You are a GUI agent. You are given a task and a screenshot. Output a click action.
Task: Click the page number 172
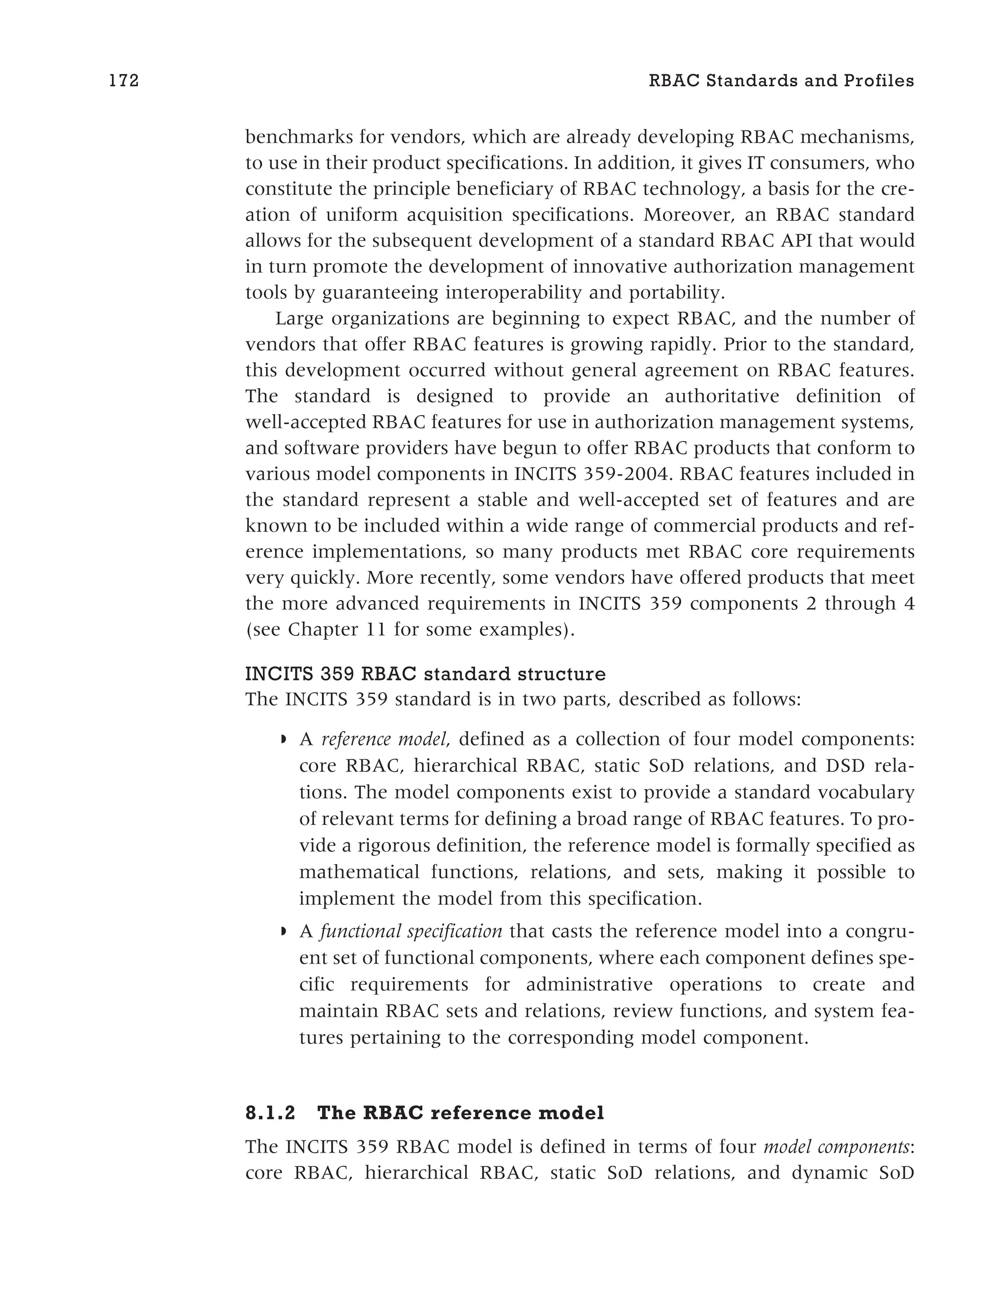(124, 81)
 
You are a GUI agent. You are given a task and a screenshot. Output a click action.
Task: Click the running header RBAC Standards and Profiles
(781, 81)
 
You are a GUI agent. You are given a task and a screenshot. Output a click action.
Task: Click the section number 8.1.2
(270, 1113)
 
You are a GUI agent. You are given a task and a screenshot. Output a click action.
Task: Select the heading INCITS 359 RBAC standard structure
(425, 674)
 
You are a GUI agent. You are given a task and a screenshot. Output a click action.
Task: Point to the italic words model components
(836, 1146)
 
